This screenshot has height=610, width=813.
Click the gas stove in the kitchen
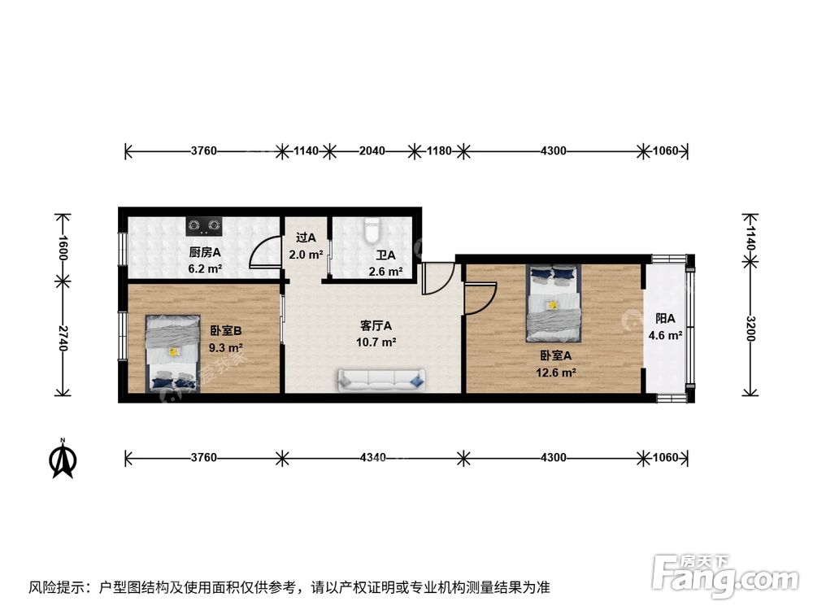tap(202, 223)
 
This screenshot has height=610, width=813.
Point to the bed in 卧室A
tap(554, 303)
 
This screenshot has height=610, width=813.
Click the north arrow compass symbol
tap(63, 460)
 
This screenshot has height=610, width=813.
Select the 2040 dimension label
tap(372, 151)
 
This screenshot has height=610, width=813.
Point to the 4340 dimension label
tap(372, 458)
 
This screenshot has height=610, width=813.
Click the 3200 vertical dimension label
tap(750, 329)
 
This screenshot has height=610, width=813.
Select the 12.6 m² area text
tap(557, 373)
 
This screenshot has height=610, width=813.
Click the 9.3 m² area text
tap(226, 347)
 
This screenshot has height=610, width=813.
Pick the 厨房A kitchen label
tap(205, 252)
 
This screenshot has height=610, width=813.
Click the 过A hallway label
tap(306, 238)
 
